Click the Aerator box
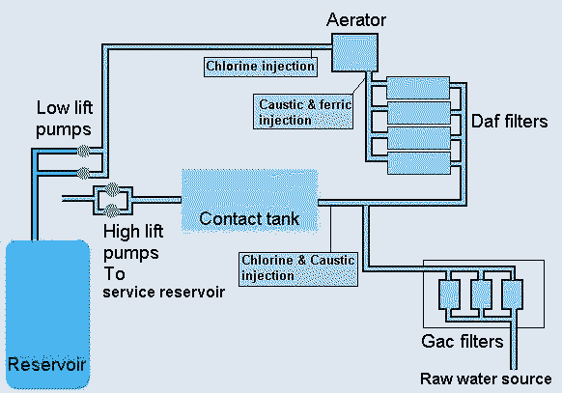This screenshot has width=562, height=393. (x=354, y=53)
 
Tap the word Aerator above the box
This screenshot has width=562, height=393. (x=356, y=19)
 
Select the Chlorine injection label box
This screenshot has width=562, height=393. (x=261, y=67)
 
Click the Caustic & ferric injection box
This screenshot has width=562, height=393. (x=303, y=111)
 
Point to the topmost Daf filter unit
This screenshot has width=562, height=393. (x=418, y=88)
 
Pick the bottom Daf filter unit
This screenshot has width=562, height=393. (x=419, y=163)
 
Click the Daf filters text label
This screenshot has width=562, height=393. (x=509, y=122)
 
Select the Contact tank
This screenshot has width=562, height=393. (x=250, y=202)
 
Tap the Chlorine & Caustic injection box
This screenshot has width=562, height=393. (x=298, y=269)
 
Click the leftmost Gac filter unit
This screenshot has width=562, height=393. (x=449, y=295)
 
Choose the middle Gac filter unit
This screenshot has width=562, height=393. (x=481, y=295)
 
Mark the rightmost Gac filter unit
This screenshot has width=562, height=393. (x=512, y=295)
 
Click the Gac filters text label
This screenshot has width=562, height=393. (x=463, y=342)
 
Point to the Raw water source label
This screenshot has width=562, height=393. (x=486, y=379)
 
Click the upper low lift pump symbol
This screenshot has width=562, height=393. (x=83, y=152)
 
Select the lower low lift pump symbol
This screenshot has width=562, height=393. (x=83, y=174)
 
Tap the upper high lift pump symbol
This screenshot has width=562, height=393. (x=112, y=189)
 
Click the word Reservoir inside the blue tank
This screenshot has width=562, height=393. (x=46, y=364)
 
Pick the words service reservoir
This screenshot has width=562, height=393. (x=164, y=293)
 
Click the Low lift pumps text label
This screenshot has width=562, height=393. (x=65, y=119)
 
